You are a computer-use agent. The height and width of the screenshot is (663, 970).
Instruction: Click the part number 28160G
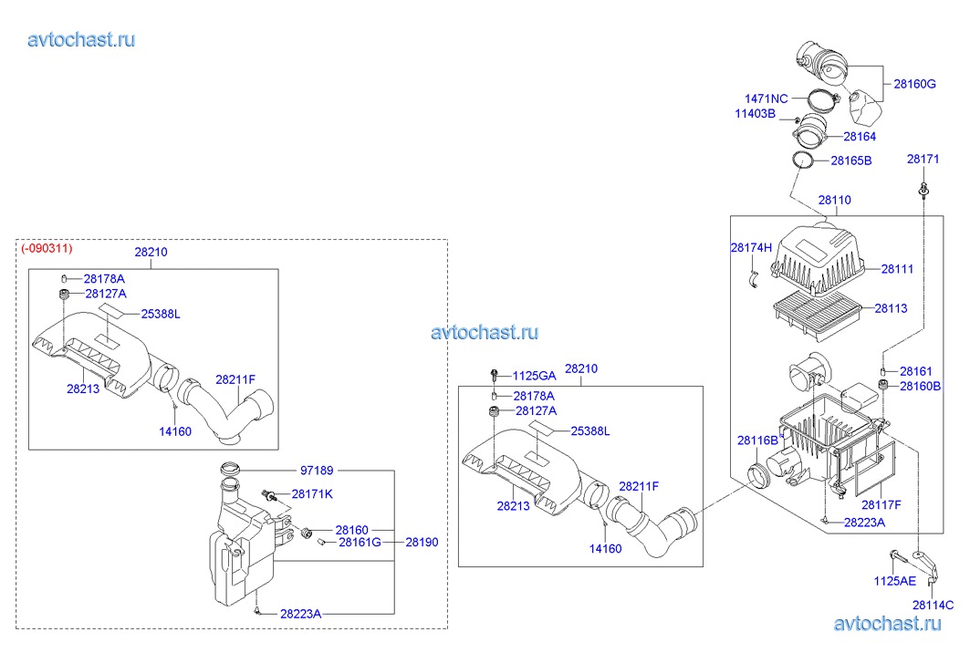click(x=914, y=83)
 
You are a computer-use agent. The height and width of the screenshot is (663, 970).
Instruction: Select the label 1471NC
click(x=766, y=98)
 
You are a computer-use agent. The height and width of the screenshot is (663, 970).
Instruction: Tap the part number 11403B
click(x=756, y=114)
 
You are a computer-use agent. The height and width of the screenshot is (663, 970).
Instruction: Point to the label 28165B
click(x=850, y=161)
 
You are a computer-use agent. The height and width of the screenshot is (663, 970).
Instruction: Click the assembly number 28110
click(x=834, y=200)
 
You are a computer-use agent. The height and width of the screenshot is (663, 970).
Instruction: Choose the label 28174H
click(x=751, y=247)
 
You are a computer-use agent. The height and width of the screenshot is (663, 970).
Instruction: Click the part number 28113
click(x=891, y=308)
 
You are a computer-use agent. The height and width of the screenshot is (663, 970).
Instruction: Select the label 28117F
click(x=881, y=503)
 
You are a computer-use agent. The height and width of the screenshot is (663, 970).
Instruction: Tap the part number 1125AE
click(x=894, y=580)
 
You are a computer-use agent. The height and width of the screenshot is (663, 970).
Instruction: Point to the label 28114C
click(x=933, y=605)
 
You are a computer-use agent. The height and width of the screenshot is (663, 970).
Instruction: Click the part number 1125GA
click(x=533, y=376)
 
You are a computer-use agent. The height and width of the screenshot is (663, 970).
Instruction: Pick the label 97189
click(x=317, y=471)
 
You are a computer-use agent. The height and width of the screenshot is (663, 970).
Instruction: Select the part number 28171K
click(x=311, y=493)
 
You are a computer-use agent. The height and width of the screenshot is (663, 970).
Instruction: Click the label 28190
click(x=422, y=542)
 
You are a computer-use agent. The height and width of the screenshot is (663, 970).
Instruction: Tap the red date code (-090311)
click(x=47, y=248)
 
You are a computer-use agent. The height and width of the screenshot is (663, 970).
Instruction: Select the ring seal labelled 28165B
click(x=803, y=161)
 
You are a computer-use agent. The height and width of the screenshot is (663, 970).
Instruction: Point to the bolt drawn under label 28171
click(x=924, y=190)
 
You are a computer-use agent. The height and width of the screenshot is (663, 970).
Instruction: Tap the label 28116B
click(x=757, y=440)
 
